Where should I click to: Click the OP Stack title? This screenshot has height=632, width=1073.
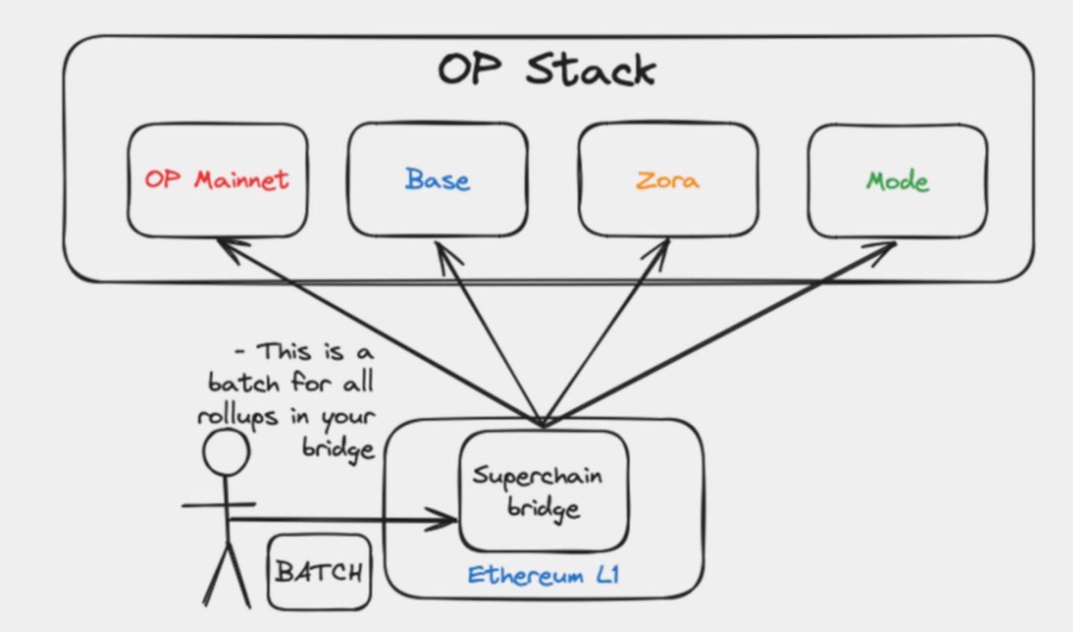pos(547,69)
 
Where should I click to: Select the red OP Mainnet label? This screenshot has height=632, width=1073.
pos(217,180)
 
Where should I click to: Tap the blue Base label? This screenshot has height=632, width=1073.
pos(438,180)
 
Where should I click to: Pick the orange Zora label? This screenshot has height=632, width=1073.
pos(667,181)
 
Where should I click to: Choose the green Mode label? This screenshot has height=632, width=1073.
pos(897,181)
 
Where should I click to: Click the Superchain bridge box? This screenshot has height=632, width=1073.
pos(544,491)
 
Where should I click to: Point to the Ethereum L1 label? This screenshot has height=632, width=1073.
pos(543,575)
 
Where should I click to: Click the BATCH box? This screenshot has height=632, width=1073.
pos(319,572)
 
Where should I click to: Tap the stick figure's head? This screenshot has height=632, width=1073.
pos(226,452)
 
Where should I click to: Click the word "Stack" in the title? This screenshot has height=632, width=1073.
pos(590,69)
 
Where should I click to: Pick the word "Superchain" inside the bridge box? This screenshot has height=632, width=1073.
pos(538,476)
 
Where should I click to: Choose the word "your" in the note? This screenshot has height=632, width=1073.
pos(348,417)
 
